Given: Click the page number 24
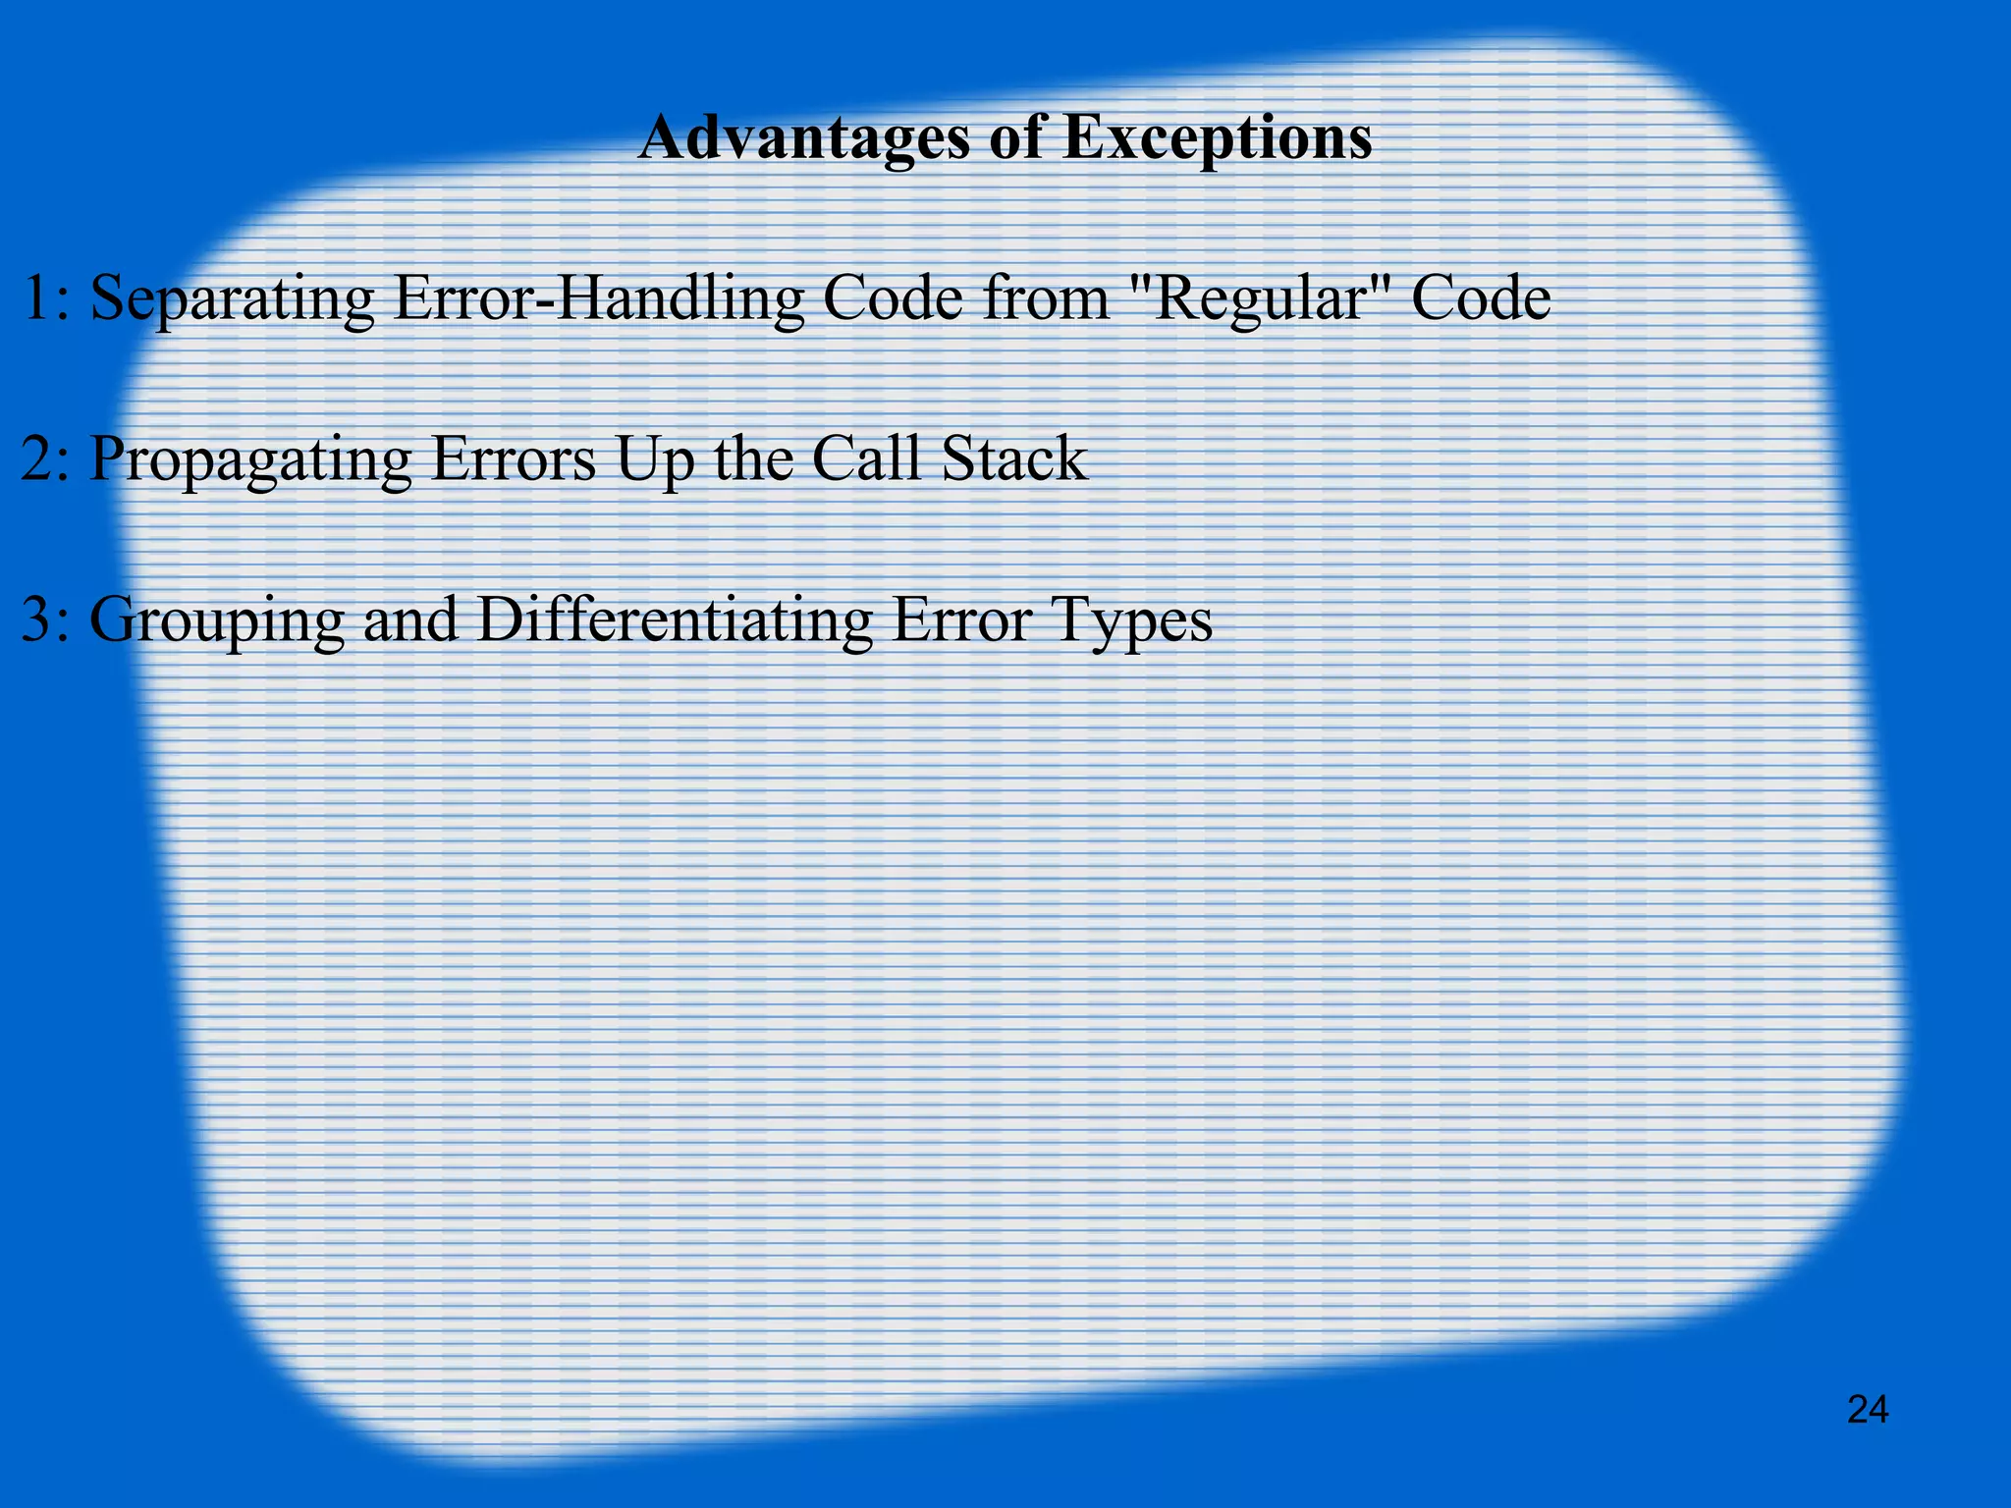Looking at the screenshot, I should pos(1868,1410).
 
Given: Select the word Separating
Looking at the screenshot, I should pos(232,300).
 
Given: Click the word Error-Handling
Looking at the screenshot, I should pos(598,298).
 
